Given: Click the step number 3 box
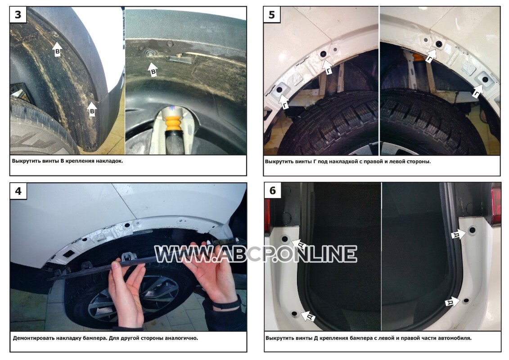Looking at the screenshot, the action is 18,15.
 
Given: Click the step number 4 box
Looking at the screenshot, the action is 18,191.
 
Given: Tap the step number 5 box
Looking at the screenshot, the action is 272,15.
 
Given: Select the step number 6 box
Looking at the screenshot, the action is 273,190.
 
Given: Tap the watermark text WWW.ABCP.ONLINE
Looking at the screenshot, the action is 256,254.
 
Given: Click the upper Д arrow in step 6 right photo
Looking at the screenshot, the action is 460,234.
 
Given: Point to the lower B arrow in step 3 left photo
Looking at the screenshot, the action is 92,109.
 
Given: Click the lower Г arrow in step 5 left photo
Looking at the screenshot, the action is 284,102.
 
